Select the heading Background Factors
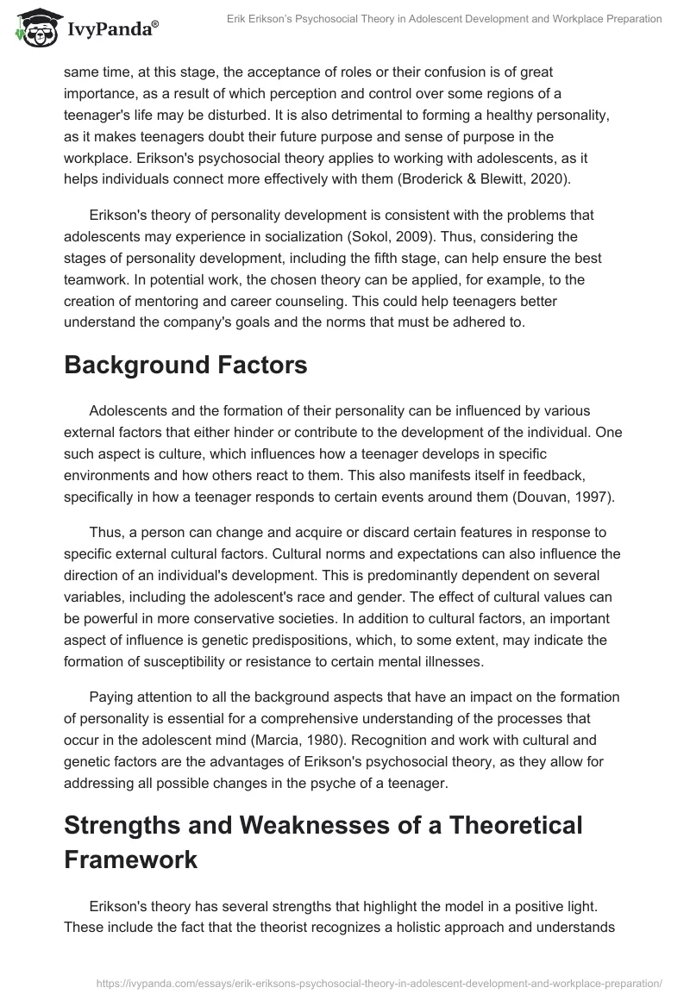tap(185, 366)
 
